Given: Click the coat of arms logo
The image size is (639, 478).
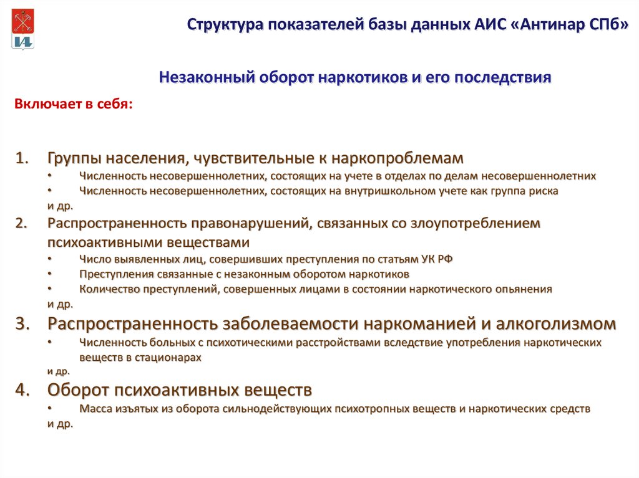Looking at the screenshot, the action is pyautogui.click(x=23, y=29).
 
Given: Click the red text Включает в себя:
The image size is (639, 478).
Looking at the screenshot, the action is pyautogui.click(x=74, y=104).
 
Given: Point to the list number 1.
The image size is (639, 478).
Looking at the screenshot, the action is pyautogui.click(x=22, y=158).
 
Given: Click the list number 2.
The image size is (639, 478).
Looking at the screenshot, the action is pyautogui.click(x=22, y=223).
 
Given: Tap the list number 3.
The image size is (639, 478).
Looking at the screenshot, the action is pyautogui.click(x=23, y=323).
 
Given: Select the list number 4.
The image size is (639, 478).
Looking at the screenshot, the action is pyautogui.click(x=23, y=390).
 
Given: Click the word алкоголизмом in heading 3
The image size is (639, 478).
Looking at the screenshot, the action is pyautogui.click(x=556, y=323).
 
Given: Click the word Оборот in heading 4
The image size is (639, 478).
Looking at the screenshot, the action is pyautogui.click(x=78, y=390).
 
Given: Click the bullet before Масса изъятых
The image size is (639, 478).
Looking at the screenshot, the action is pyautogui.click(x=49, y=407).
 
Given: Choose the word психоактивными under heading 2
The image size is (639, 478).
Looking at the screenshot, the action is pyautogui.click(x=104, y=242).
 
